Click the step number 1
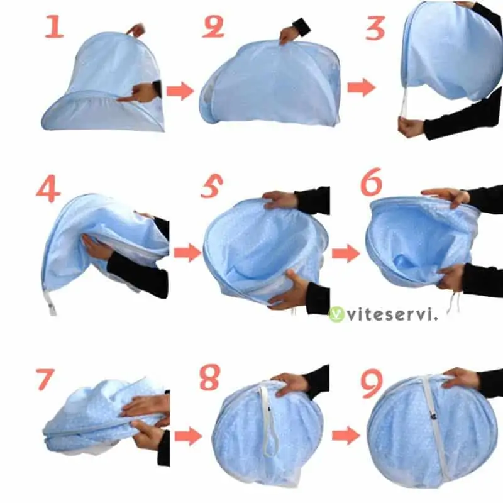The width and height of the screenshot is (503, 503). click(x=54, y=26)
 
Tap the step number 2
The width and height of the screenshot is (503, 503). click(x=213, y=27)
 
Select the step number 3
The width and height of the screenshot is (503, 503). click(x=375, y=28)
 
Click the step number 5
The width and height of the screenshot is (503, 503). click(x=212, y=186)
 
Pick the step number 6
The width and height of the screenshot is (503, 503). click(x=372, y=182)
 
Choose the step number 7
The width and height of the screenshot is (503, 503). click(x=45, y=380)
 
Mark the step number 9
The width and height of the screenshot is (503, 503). click(x=372, y=384)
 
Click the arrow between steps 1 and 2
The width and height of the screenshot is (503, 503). click(x=180, y=91)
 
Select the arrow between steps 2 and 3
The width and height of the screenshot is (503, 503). click(x=362, y=87)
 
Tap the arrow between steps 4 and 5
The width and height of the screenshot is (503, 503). click(x=187, y=253)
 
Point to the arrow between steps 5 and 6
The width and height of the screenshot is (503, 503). click(x=346, y=253)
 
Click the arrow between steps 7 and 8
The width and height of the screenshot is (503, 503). click(x=188, y=436)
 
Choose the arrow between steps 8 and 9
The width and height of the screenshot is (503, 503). click(x=346, y=436)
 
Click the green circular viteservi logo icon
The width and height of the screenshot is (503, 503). click(x=336, y=314)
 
